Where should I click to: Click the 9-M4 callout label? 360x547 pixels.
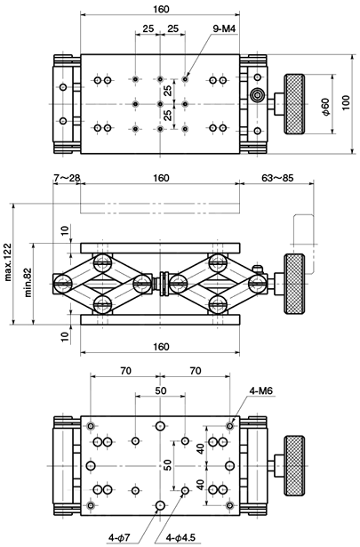click(x=224, y=29)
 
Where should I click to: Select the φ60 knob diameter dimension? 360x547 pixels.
click(x=325, y=107)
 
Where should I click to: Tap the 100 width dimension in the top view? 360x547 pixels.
click(x=346, y=102)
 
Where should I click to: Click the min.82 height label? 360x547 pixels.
click(x=28, y=282)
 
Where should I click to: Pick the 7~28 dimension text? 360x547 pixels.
click(x=67, y=178)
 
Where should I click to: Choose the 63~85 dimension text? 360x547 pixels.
click(x=277, y=178)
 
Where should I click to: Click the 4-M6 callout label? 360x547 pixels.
click(x=260, y=391)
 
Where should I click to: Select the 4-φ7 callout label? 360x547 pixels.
click(x=119, y=537)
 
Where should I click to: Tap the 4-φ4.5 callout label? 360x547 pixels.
click(x=180, y=537)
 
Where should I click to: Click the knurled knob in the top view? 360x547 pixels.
click(x=294, y=104)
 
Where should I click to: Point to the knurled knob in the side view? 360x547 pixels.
click(x=294, y=284)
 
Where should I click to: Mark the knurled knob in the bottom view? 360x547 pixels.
click(x=294, y=465)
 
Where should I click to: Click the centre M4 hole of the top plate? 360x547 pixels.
click(x=160, y=104)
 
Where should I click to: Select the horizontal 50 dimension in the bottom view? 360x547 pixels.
click(x=160, y=390)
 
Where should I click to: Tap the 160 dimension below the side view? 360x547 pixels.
click(x=161, y=347)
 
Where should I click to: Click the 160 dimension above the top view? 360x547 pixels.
click(x=161, y=9)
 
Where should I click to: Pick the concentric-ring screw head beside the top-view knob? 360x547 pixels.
click(x=257, y=94)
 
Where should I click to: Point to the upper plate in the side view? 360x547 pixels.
click(x=160, y=248)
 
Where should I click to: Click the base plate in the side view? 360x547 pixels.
click(x=160, y=319)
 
